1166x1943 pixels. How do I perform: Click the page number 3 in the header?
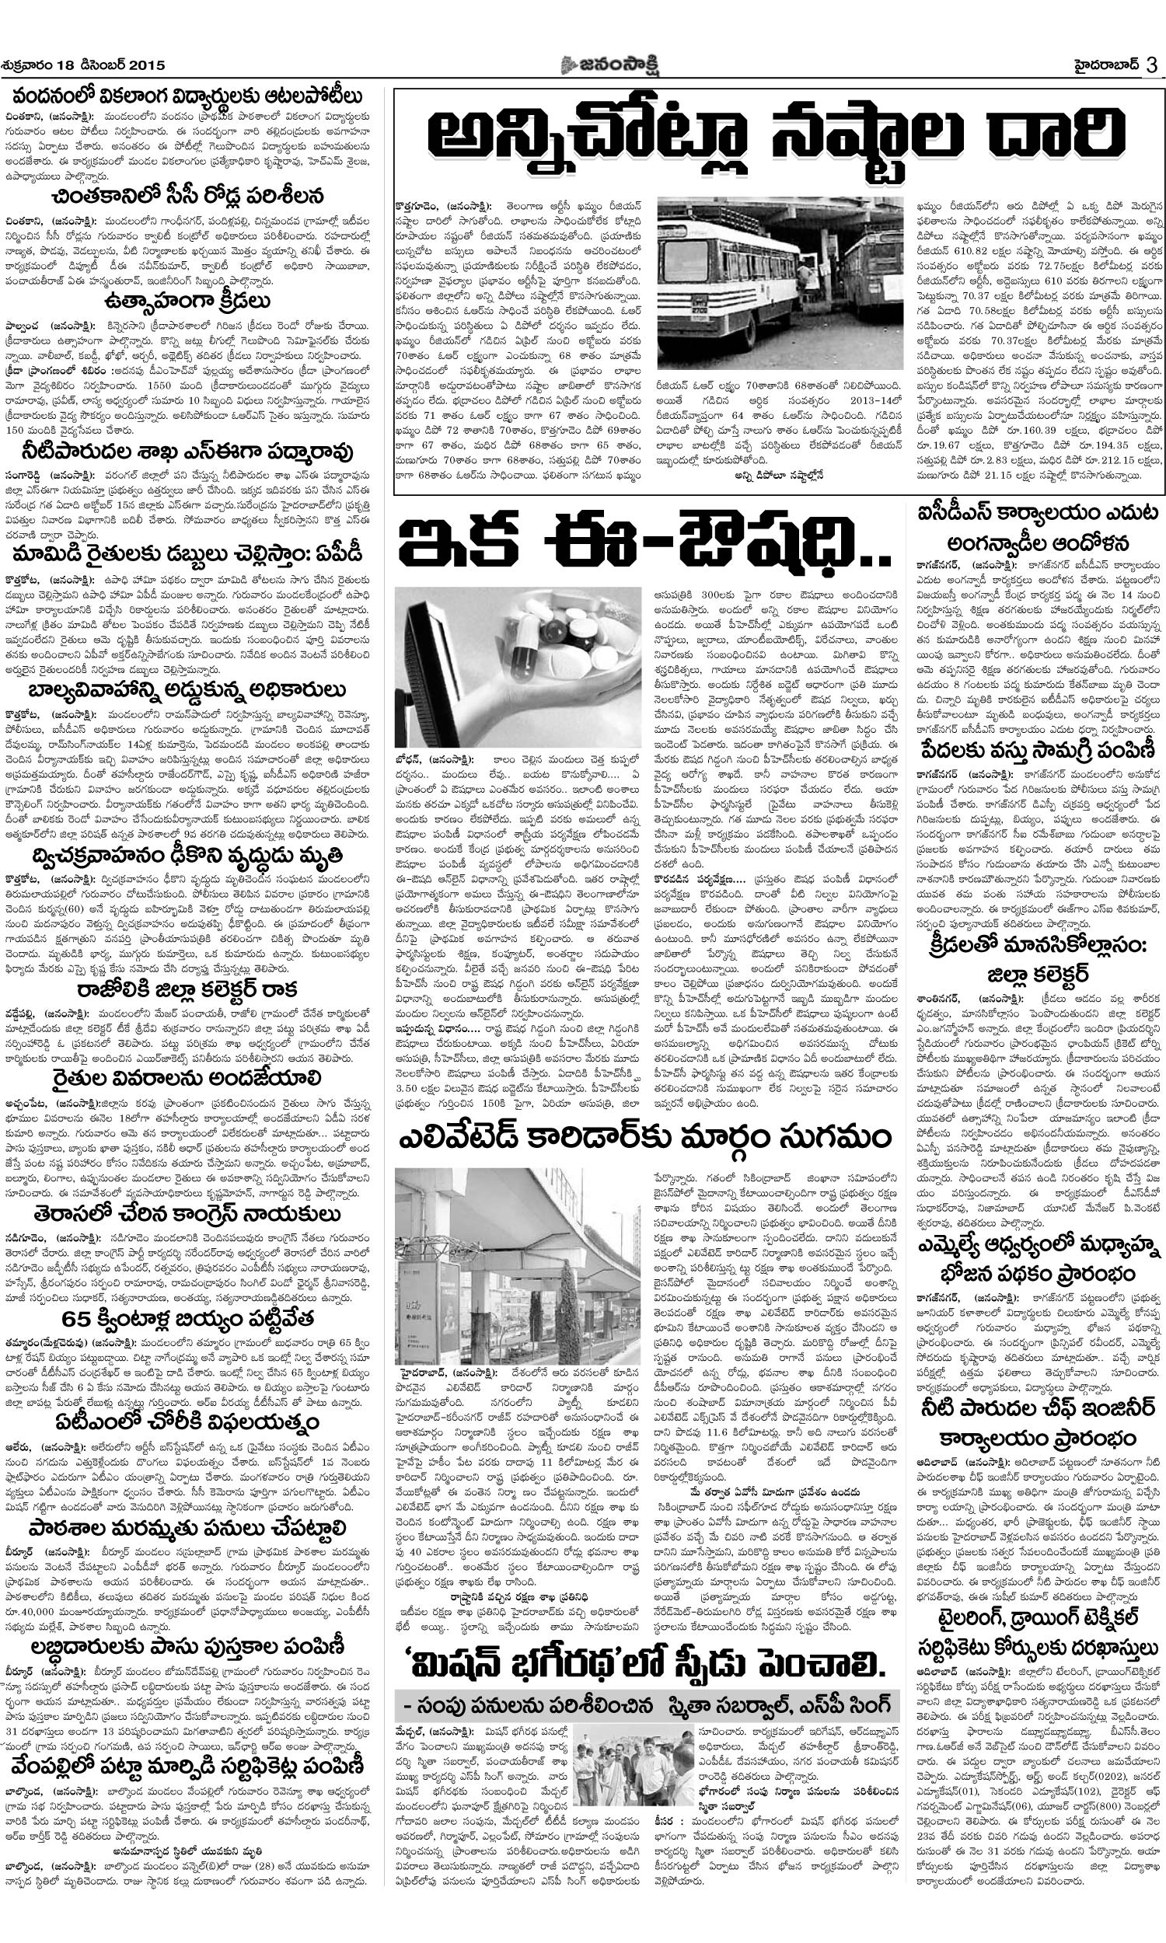(1151, 65)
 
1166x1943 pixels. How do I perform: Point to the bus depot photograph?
(780, 284)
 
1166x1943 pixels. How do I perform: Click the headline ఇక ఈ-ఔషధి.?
(644, 544)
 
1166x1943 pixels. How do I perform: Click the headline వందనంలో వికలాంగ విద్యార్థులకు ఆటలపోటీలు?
(187, 96)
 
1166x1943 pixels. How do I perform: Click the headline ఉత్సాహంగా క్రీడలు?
(187, 303)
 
